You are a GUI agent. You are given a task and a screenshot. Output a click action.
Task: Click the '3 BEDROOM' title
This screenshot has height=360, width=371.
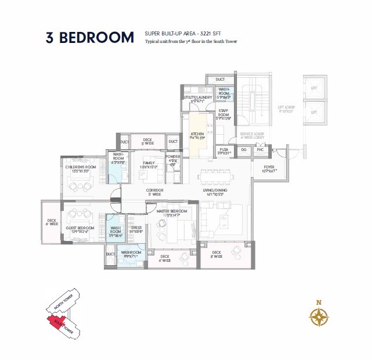click(x=90, y=38)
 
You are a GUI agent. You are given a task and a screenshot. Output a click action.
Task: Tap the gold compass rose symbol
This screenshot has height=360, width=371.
click(x=319, y=316)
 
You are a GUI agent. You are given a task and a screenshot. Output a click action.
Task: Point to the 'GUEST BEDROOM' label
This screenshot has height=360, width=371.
click(x=80, y=228)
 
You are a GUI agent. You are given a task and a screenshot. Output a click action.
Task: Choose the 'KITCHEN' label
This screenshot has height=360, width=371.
click(x=197, y=134)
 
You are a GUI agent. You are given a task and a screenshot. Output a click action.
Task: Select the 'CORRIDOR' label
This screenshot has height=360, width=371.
click(x=154, y=190)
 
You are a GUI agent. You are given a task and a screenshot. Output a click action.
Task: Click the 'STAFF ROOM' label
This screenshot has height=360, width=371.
click(x=224, y=116)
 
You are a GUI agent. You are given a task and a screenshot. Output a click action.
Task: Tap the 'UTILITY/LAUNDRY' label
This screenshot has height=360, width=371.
click(x=197, y=98)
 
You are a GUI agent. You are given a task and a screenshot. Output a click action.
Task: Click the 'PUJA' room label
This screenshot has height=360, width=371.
click(x=224, y=150)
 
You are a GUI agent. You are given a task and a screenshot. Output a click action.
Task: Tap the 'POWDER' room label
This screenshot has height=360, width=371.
click(x=173, y=157)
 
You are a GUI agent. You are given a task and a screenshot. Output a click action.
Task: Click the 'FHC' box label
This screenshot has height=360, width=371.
click(x=260, y=150)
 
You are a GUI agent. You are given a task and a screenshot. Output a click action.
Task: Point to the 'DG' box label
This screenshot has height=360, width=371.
click(x=243, y=150)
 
